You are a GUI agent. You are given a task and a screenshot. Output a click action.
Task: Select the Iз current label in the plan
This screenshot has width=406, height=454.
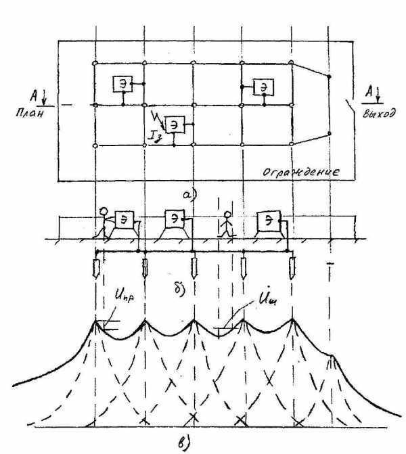coord(156,139)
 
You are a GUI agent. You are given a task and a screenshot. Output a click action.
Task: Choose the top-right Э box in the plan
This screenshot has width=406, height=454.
coord(263,87)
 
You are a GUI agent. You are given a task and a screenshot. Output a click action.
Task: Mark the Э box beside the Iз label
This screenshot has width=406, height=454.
coord(175,124)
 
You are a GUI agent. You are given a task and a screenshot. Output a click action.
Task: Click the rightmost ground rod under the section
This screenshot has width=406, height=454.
coord(294,269)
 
